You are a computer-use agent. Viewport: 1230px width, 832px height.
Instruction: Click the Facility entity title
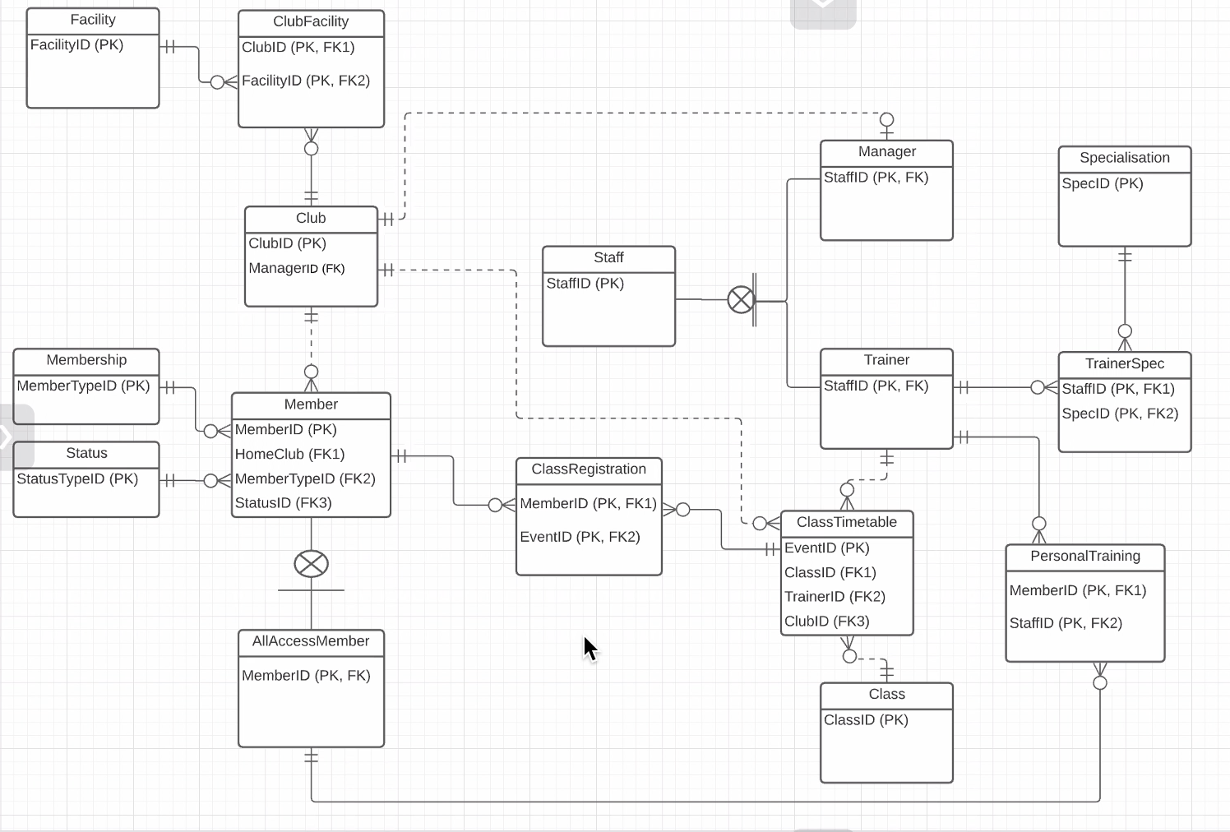click(93, 20)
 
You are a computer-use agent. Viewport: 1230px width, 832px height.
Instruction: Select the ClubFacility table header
click(311, 22)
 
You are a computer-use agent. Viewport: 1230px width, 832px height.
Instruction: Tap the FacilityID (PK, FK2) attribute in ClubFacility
click(306, 81)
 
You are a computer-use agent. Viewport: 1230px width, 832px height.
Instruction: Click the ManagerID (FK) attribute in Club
click(297, 268)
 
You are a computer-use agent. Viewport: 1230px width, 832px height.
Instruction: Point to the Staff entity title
click(608, 257)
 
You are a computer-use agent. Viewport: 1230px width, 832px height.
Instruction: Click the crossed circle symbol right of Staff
click(741, 300)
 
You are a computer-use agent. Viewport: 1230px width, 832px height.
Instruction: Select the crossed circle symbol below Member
click(311, 564)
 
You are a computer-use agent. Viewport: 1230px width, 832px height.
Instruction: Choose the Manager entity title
click(886, 151)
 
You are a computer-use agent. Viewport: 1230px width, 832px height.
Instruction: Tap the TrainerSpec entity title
click(1124, 363)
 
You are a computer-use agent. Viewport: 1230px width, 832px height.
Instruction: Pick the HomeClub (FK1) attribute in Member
click(289, 454)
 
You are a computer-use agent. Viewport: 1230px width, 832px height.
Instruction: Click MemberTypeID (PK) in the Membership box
click(83, 386)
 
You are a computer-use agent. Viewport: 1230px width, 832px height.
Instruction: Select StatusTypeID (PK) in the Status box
click(77, 478)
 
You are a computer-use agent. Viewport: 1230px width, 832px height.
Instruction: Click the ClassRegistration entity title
click(589, 469)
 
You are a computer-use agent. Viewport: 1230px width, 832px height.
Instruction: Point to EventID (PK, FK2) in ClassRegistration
click(580, 537)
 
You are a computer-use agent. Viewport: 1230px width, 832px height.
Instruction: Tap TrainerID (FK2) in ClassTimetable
click(835, 597)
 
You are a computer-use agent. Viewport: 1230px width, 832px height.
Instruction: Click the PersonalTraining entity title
click(1085, 556)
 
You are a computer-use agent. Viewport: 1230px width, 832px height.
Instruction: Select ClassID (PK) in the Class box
click(866, 720)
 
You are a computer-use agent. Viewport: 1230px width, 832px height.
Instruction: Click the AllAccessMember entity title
click(311, 641)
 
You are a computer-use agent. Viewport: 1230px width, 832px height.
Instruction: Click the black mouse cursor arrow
click(590, 649)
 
